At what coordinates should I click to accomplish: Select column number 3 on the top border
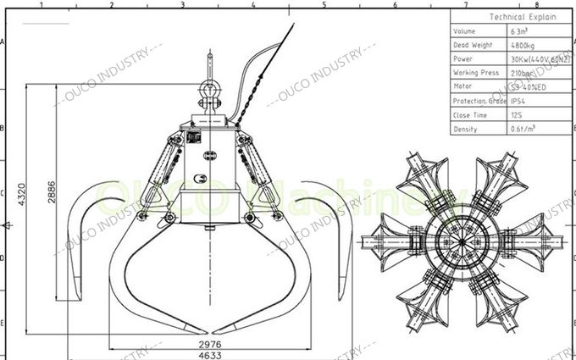[182, 4]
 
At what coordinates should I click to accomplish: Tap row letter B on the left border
[4, 129]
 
